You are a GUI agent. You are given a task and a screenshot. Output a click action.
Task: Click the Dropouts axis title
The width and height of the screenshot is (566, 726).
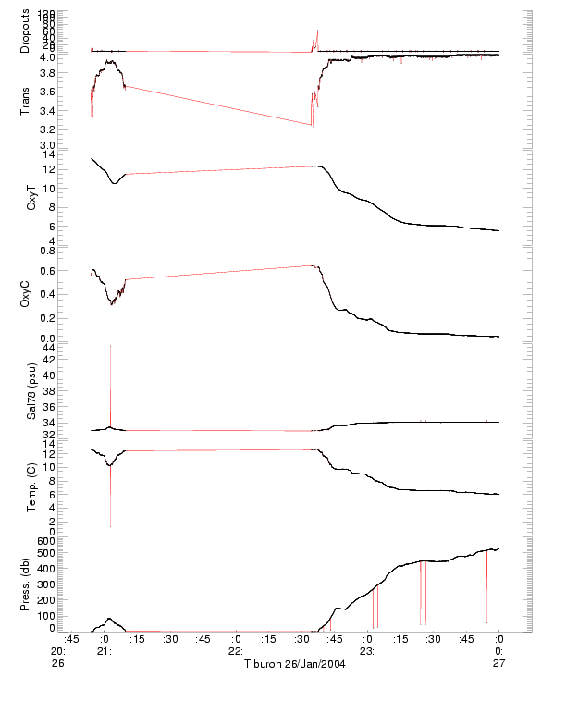pos(25,31)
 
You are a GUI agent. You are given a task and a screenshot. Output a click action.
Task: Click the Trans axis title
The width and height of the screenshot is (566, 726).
pos(25,100)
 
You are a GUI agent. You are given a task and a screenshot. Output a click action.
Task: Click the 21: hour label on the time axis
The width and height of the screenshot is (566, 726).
pos(105,651)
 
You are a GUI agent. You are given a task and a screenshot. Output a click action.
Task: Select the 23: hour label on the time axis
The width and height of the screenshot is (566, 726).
pos(367,651)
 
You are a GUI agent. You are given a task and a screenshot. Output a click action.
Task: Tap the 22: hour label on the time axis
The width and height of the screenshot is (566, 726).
pos(236,651)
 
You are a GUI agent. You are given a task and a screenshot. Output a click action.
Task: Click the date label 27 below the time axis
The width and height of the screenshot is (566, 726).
pos(498,663)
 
